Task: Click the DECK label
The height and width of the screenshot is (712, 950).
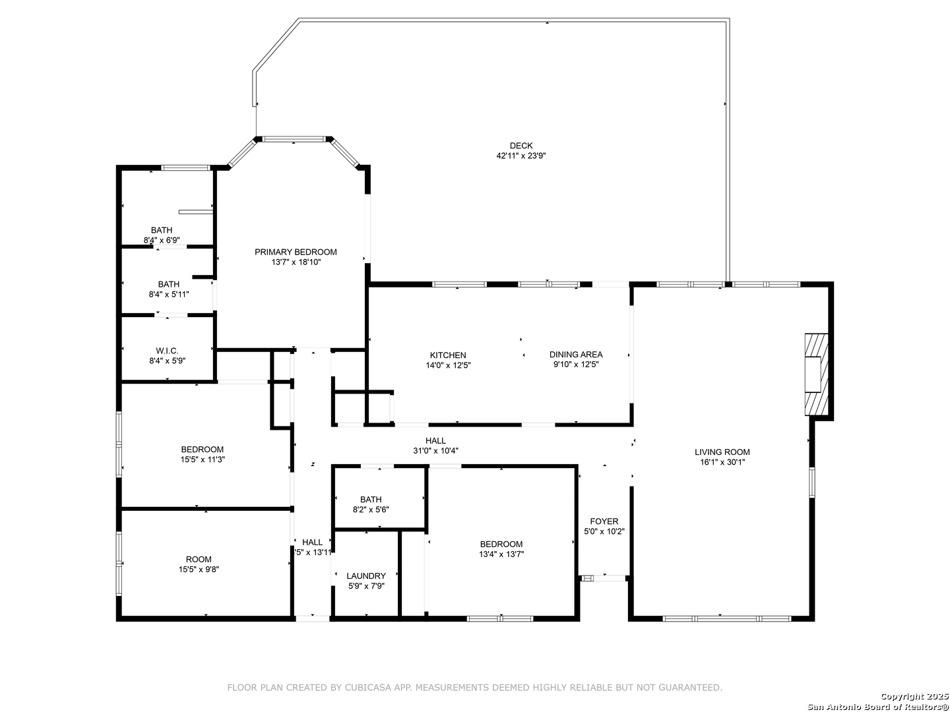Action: pos(521,146)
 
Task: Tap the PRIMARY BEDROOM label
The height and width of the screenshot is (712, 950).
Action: pos(296,252)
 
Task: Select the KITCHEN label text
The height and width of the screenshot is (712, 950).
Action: pos(448,355)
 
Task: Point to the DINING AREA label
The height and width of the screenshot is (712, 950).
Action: pos(576,355)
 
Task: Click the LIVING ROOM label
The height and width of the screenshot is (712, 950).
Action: pos(722,452)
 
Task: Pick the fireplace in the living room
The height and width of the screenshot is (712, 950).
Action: pos(816,374)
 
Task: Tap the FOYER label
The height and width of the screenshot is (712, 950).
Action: pos(604,521)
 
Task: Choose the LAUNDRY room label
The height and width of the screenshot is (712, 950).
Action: pos(366,576)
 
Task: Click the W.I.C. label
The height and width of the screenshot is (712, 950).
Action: pos(167,351)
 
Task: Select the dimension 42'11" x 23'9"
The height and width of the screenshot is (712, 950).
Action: pos(521,156)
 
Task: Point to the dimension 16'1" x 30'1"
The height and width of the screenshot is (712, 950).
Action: pos(722,462)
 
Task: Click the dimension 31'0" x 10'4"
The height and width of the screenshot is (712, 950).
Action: pos(435,450)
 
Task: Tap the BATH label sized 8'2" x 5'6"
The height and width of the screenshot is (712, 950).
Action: pos(371,499)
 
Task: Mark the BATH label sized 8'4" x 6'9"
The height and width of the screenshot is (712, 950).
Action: pos(162,230)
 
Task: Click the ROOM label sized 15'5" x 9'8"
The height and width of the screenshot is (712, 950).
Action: pos(199,560)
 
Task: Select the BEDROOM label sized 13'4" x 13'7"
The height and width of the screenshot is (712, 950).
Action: pos(501,544)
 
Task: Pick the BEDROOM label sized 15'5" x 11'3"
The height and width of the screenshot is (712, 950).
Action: pos(202,449)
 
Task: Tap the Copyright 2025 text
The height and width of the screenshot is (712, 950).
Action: pos(914,696)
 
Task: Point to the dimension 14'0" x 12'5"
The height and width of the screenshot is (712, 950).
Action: pos(448,365)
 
